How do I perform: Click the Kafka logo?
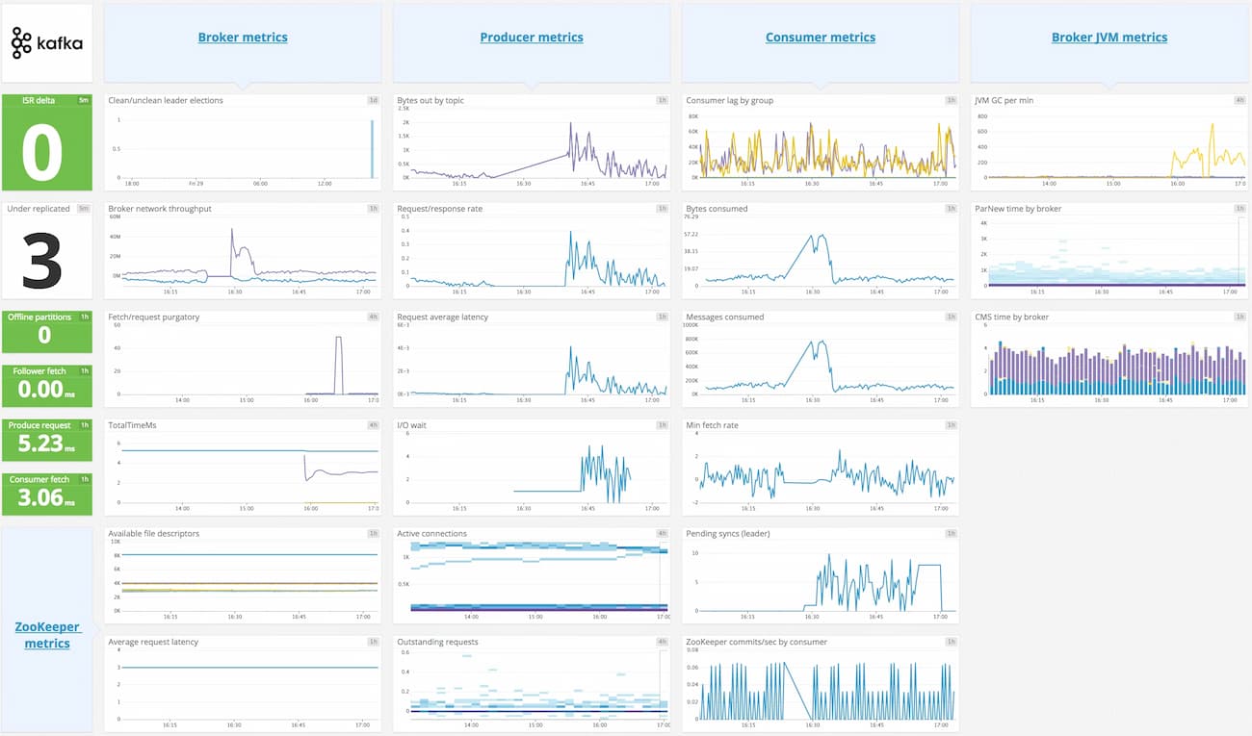point(46,43)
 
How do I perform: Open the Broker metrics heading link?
point(243,38)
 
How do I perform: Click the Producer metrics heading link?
point(532,38)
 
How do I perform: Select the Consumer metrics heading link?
point(821,38)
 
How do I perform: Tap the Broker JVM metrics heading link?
point(1109,38)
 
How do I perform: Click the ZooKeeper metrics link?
point(47,635)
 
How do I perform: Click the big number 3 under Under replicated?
point(42,260)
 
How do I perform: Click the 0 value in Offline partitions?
point(44,335)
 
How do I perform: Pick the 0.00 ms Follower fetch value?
point(45,389)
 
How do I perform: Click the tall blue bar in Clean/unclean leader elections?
point(372,149)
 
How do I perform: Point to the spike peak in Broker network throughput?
point(232,231)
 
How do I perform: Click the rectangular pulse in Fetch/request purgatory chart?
point(338,366)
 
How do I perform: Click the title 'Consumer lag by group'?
point(729,100)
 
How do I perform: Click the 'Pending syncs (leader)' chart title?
point(727,533)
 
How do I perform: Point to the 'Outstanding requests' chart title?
point(437,642)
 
